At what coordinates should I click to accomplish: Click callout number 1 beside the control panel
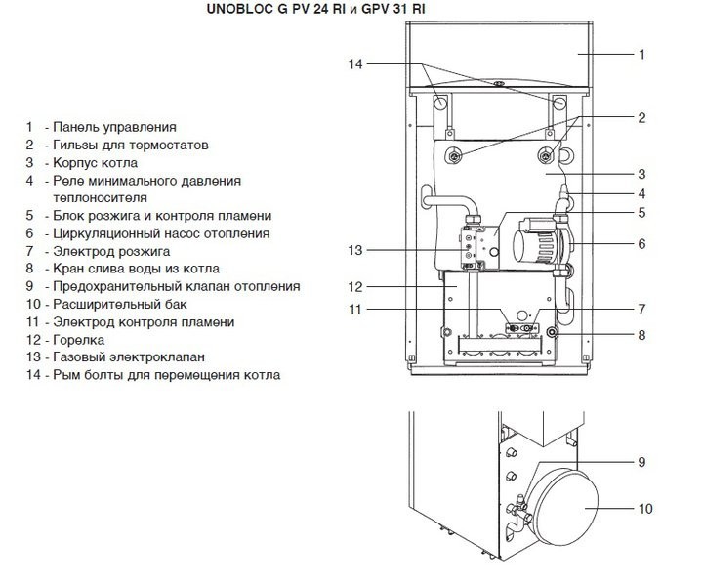coord(641,55)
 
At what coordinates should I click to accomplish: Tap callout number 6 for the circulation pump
coord(641,243)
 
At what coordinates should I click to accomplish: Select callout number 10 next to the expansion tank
coord(645,508)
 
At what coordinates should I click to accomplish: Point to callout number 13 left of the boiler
coord(354,251)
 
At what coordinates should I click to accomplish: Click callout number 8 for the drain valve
coord(641,335)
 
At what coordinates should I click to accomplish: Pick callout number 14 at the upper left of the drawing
coord(354,64)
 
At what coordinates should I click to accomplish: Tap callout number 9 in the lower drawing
coord(641,461)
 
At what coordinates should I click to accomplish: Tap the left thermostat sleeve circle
coord(455,157)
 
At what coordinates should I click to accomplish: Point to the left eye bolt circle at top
coord(441,102)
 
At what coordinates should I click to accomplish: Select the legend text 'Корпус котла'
coord(95,163)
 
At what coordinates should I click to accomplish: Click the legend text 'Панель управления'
coord(114,127)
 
